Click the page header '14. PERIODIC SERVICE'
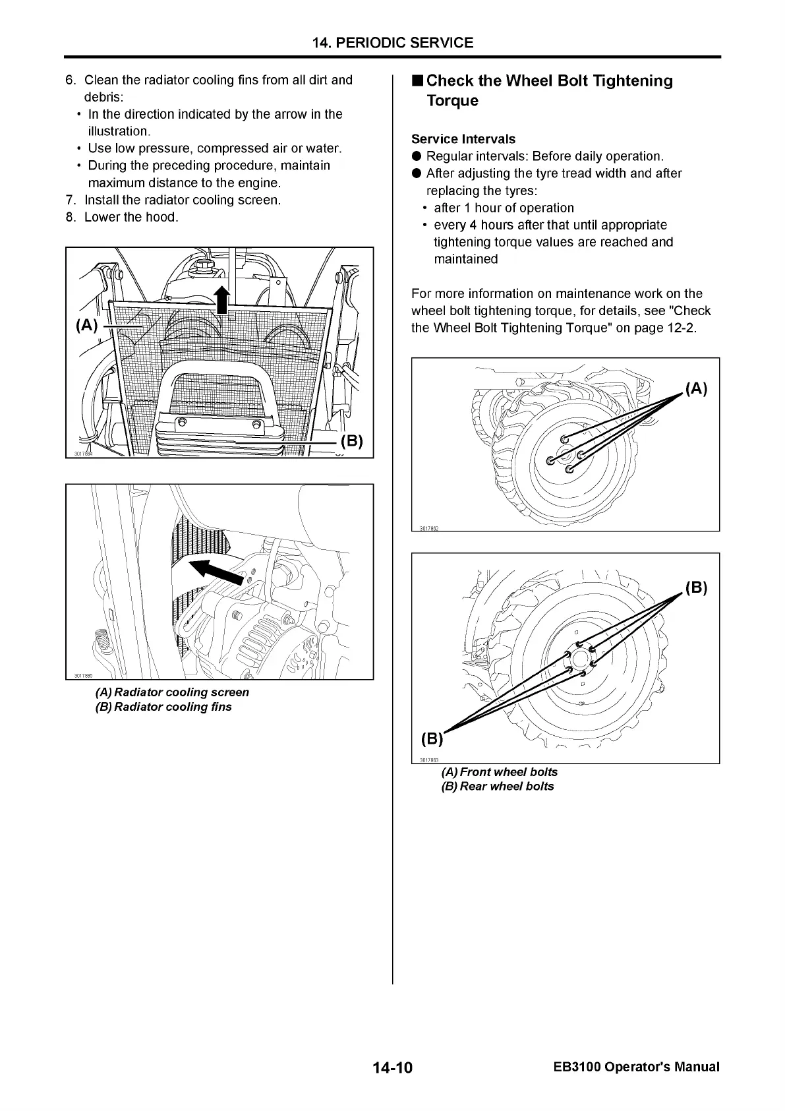tap(392, 43)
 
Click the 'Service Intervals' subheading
tap(463, 139)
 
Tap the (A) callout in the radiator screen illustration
tap(87, 325)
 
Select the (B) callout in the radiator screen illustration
tap(351, 441)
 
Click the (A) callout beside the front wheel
tap(696, 389)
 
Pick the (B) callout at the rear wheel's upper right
tap(696, 587)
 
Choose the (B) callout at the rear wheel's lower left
tap(432, 738)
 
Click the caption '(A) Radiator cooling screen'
tap(172, 692)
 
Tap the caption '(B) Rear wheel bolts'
tap(497, 786)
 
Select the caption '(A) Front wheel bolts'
tap(499, 771)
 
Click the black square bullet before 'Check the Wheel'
tap(417, 81)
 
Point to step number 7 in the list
tap(70, 200)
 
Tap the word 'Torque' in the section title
tap(452, 101)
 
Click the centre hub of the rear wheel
tap(580, 659)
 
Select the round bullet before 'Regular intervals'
tap(417, 156)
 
